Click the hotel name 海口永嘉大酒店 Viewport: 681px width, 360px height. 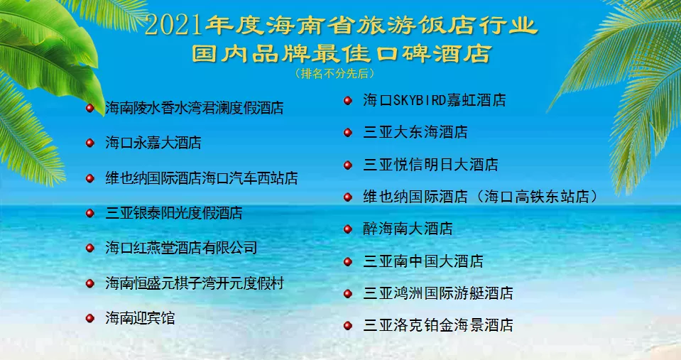coord(153,143)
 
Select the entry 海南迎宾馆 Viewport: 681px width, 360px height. coord(140,318)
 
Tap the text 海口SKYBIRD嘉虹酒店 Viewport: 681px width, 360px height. coord(434,100)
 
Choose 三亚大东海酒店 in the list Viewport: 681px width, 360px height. coord(415,132)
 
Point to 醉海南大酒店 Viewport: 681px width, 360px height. coord(408,229)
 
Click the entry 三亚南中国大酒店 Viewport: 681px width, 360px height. coord(423,261)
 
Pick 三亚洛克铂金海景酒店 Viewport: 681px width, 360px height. coord(438,326)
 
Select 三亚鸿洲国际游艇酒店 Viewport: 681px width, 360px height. coord(438,293)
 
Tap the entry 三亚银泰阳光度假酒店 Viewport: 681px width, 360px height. coord(174,213)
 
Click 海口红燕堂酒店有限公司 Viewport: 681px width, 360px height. coord(181,248)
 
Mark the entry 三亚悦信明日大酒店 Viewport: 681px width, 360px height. coord(430,165)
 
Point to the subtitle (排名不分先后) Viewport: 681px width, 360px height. coord(334,72)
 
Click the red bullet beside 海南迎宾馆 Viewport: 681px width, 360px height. coord(90,318)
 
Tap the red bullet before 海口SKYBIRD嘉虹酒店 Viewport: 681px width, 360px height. coord(348,100)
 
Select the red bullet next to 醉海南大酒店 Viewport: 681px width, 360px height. coord(348,229)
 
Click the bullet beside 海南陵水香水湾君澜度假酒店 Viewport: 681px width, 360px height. coord(90,108)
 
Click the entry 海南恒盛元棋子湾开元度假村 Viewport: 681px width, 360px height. coord(195,283)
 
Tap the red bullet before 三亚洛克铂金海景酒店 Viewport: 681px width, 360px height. coord(348,326)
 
